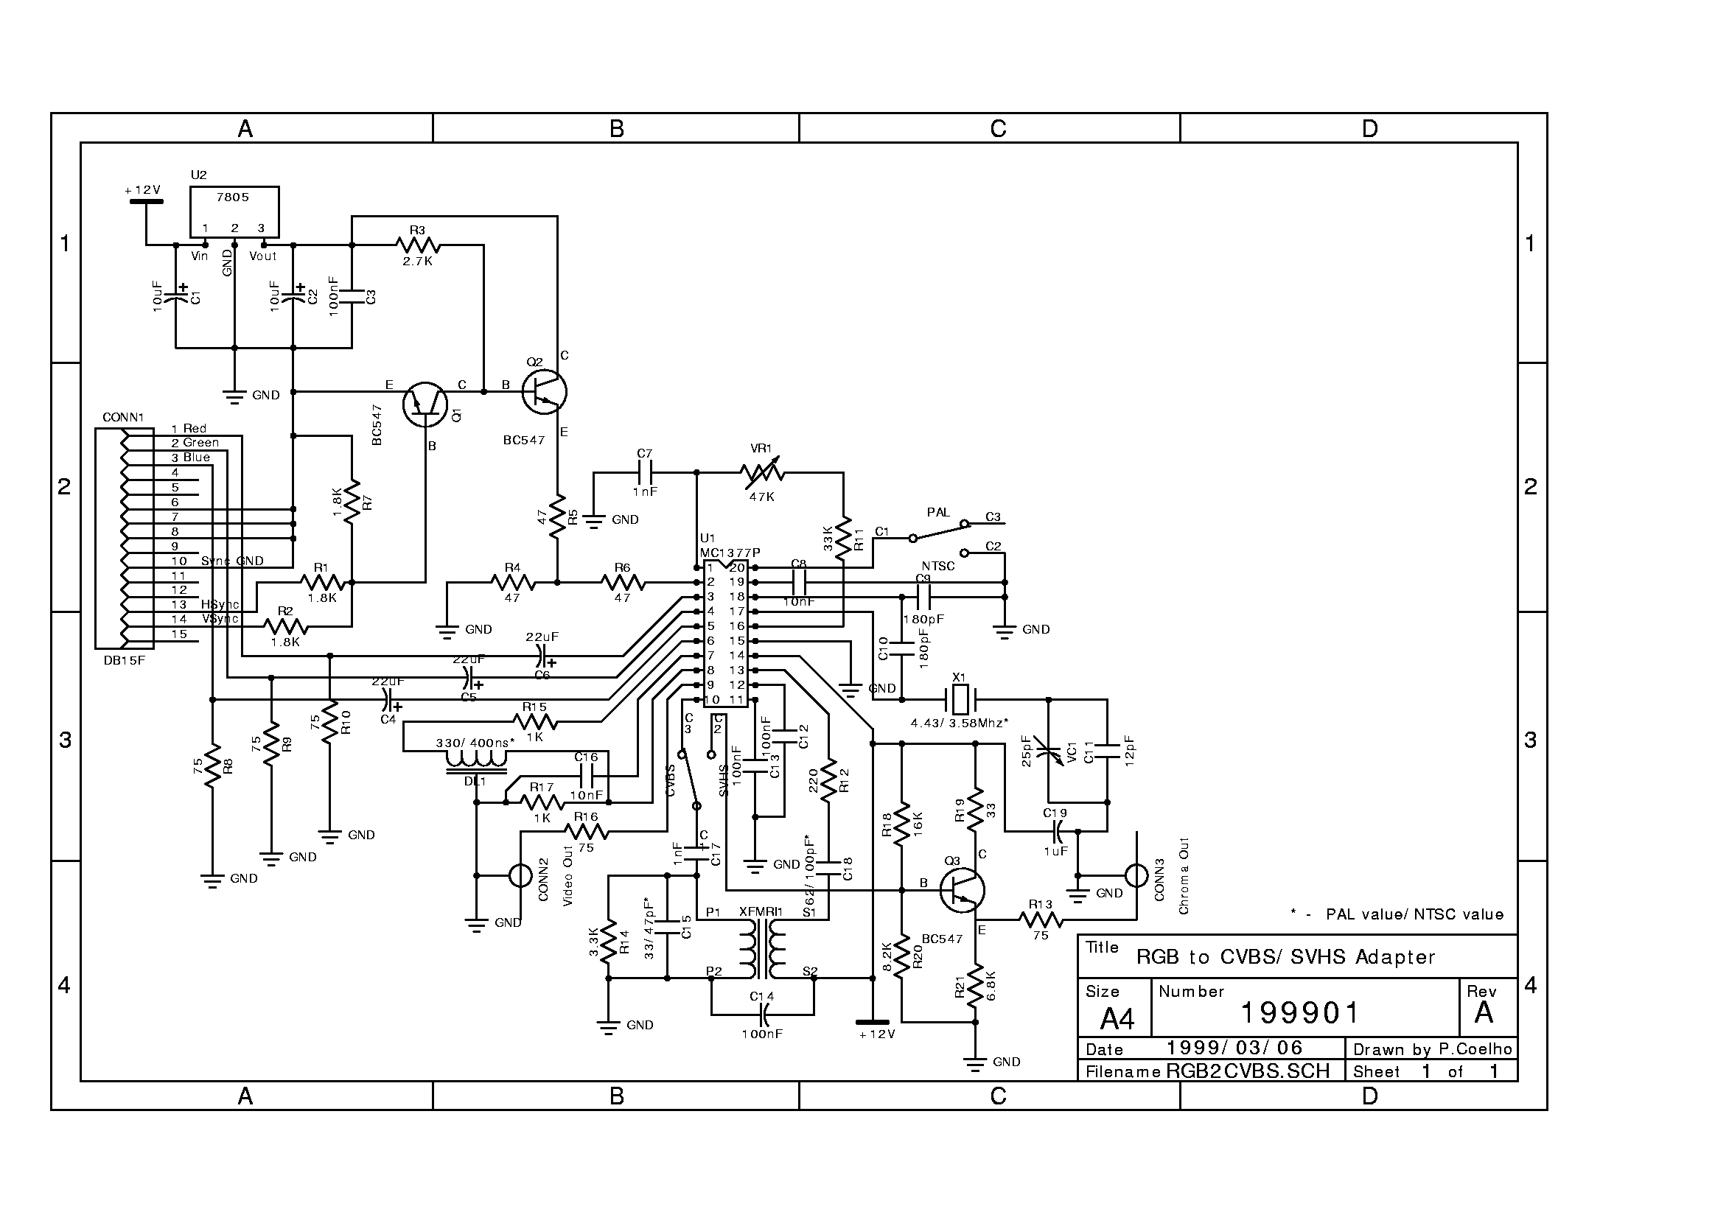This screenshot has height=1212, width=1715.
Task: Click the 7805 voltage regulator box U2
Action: [234, 211]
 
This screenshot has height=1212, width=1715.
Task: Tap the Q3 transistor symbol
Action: [962, 890]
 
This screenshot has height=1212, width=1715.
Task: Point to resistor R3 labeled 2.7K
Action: [419, 245]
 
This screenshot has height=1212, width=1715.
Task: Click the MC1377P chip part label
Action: [730, 553]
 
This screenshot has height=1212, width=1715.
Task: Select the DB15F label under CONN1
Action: [125, 660]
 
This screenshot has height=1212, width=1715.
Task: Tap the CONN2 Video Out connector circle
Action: [520, 875]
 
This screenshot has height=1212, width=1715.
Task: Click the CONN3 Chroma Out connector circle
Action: [1136, 875]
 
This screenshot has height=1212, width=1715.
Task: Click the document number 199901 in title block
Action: [1301, 1013]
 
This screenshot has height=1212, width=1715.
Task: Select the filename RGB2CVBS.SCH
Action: [1248, 1071]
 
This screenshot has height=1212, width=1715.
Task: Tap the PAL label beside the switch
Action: [938, 513]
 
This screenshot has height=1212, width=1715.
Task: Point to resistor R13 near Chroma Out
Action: [1041, 919]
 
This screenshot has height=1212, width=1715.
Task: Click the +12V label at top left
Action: [143, 190]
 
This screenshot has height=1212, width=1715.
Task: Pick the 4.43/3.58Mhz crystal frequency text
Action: [959, 723]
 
